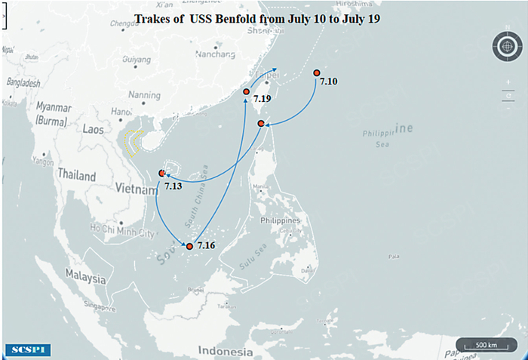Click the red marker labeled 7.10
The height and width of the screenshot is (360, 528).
coord(316,73)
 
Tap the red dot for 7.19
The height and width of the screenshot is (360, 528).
coord(247,92)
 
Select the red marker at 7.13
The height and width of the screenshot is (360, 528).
coord(162,174)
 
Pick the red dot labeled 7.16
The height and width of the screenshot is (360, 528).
coord(189,246)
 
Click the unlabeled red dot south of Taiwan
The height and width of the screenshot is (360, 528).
coord(262,123)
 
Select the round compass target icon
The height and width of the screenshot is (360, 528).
coord(505,47)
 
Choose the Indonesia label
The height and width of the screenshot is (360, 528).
coord(224,351)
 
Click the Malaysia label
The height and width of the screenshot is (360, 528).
coord(84,277)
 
